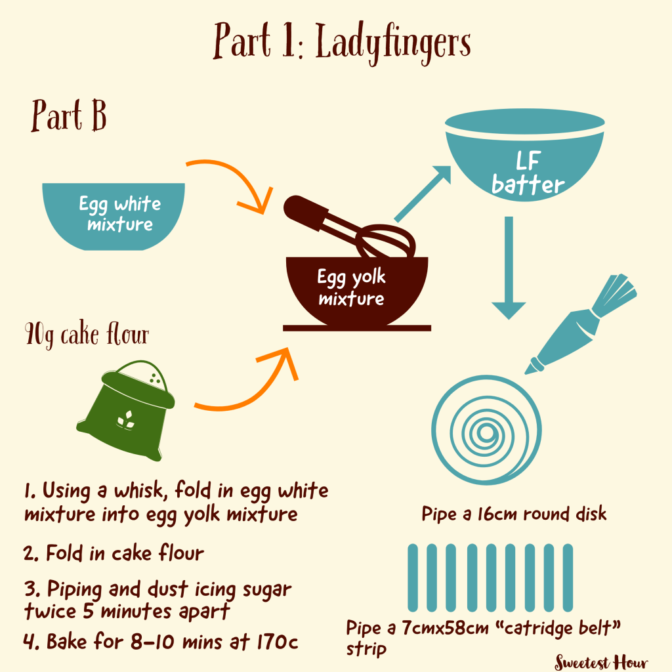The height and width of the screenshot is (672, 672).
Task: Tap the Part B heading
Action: [x=68, y=115]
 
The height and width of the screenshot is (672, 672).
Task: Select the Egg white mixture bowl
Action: [x=114, y=216]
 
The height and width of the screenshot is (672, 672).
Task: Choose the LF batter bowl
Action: [x=524, y=154]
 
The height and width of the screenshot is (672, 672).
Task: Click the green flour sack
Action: [x=126, y=410]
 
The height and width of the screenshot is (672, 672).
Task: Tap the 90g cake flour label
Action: [x=87, y=334]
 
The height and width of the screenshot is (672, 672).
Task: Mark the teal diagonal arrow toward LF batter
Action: [x=422, y=194]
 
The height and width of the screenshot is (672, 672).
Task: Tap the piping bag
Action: [x=581, y=324]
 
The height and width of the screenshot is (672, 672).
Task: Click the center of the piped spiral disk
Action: [x=486, y=431]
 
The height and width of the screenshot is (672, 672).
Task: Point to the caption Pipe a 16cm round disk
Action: [x=514, y=514]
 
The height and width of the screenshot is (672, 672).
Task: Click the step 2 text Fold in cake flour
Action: [x=125, y=553]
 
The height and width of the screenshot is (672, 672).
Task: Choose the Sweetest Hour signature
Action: [x=601, y=662]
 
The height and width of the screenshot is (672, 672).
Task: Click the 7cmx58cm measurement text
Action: [x=446, y=628]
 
